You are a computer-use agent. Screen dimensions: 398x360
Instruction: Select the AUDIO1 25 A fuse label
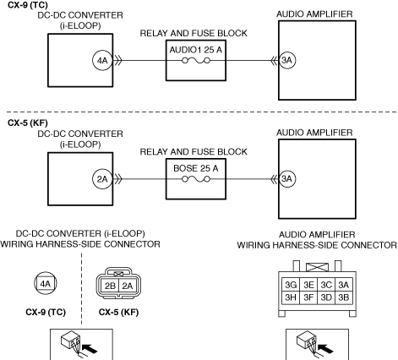pyautogui.click(x=196, y=50)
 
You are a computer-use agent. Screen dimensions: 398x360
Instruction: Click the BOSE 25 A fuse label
pyautogui.click(x=196, y=168)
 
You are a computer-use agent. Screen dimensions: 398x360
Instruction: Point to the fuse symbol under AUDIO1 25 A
pyautogui.click(x=196, y=61)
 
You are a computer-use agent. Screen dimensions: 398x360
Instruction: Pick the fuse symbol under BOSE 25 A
pyautogui.click(x=196, y=179)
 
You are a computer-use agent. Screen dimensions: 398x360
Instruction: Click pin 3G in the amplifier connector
pyautogui.click(x=291, y=285)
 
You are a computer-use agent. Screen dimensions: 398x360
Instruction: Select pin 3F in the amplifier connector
pyautogui.click(x=308, y=297)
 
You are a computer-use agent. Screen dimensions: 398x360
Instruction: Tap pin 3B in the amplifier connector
pyautogui.click(x=344, y=297)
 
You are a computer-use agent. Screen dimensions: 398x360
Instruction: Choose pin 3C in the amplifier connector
pyautogui.click(x=326, y=285)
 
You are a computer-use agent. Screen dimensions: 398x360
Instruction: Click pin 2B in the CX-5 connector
pyautogui.click(x=110, y=286)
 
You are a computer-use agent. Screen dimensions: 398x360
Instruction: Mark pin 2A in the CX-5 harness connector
pyautogui.click(x=128, y=286)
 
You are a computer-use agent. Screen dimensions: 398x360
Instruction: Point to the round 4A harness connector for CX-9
pyautogui.click(x=46, y=283)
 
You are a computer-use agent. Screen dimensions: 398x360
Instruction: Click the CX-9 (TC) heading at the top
pyautogui.click(x=28, y=5)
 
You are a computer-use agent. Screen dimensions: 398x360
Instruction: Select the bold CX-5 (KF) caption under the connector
pyautogui.click(x=118, y=312)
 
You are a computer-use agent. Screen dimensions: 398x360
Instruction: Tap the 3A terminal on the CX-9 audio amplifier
pyautogui.click(x=287, y=60)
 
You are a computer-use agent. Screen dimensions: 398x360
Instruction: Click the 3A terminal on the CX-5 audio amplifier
pyautogui.click(x=287, y=178)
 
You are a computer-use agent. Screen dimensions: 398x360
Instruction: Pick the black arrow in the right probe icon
pyautogui.click(x=325, y=348)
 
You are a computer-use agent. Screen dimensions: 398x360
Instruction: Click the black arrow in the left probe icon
pyautogui.click(x=90, y=348)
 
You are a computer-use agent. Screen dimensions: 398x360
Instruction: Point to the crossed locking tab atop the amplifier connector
pyautogui.click(x=317, y=267)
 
